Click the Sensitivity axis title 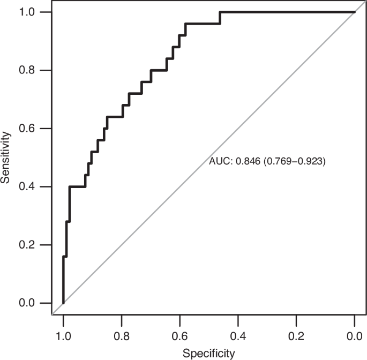tap(6, 157)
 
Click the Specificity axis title tap(209, 353)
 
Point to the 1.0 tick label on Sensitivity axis tap(27, 12)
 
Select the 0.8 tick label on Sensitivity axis tap(27, 70)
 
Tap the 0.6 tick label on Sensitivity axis tap(27, 129)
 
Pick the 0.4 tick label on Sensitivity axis tap(27, 187)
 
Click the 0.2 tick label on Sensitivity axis tap(27, 245)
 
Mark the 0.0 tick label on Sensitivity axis tap(27, 303)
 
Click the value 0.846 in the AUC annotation tap(246, 160)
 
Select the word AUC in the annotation tap(219, 160)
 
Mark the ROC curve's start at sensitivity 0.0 tap(63, 303)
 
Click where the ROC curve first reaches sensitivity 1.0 tap(220, 12)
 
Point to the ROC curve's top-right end tap(355, 12)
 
